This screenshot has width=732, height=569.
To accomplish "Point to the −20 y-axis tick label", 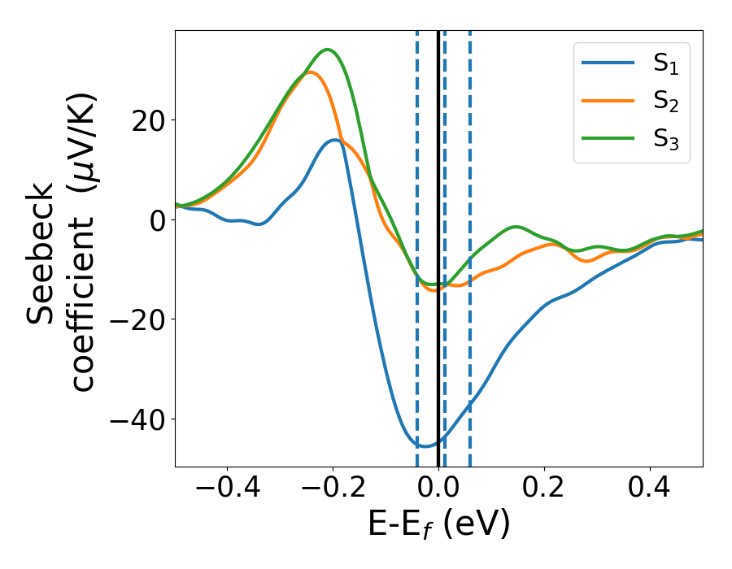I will point(135,319).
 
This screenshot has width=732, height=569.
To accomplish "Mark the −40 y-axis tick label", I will point(135,419).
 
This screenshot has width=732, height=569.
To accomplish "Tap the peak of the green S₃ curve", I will point(328,50).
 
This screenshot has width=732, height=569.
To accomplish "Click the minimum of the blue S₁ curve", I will point(425,445).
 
